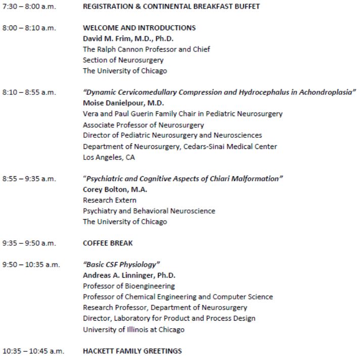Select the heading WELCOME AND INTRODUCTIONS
pos(139,28)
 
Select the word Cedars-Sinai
pos(212,146)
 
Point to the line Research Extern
pos(109,200)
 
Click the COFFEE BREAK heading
pos(108,243)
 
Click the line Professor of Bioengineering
pos(128,286)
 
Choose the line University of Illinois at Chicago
pos(133,330)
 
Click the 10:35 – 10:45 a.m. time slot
pos(33,351)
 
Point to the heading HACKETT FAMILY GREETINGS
pos(132,351)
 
